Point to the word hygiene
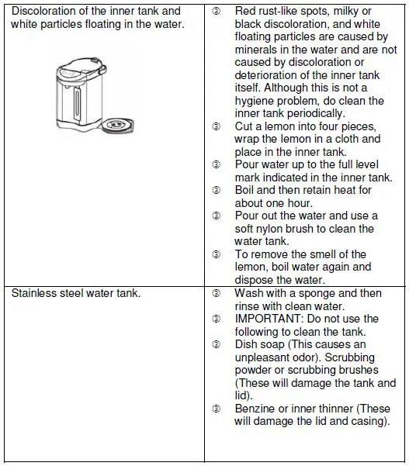tap(256, 101)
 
